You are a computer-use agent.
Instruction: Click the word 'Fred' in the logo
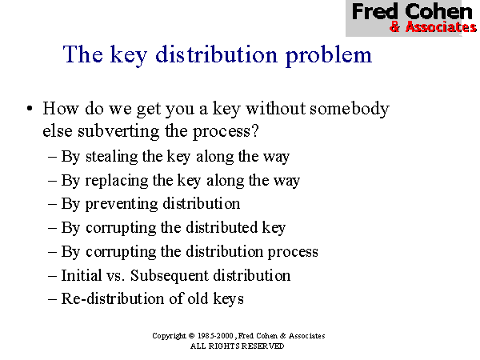pos(375,11)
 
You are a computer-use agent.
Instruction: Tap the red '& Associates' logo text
pos(433,26)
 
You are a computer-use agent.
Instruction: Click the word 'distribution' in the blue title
pos(217,54)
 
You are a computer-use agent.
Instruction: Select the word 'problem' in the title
pos(329,56)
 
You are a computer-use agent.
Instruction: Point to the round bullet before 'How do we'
pos(30,108)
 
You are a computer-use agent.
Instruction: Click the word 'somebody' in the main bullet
pos(350,109)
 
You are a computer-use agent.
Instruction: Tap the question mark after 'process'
pos(255,131)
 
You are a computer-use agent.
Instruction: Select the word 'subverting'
pos(118,132)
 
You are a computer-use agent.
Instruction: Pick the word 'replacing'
pos(117,181)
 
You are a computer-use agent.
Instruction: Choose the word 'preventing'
pos(122,204)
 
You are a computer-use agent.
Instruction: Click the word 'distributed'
pos(222,227)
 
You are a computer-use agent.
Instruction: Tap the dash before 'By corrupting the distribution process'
pos(52,252)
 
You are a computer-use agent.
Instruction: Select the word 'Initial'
pos(82,275)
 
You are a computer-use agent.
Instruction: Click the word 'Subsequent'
pos(170,276)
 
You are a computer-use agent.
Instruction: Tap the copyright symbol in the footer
pos(191,336)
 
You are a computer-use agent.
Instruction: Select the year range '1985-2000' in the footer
pos(215,336)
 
